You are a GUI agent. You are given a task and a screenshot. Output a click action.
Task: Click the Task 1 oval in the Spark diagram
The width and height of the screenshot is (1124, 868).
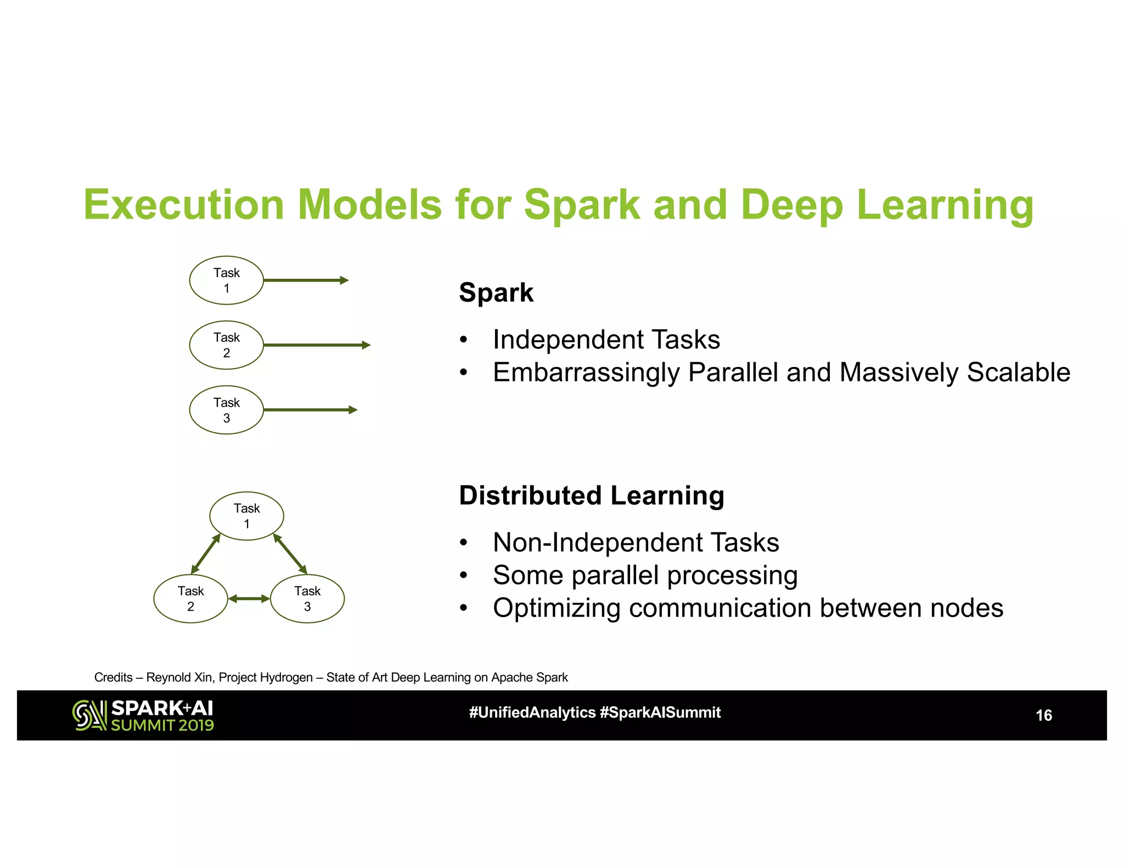click(226, 280)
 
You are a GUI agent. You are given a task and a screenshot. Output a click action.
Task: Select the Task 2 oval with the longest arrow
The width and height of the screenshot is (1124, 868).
click(226, 345)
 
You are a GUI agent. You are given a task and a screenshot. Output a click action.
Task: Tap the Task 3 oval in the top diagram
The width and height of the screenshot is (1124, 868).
click(226, 410)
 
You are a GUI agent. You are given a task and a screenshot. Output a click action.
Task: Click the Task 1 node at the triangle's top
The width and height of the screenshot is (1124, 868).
click(246, 516)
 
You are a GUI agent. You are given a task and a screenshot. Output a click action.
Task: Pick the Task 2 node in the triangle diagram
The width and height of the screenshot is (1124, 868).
click(190, 599)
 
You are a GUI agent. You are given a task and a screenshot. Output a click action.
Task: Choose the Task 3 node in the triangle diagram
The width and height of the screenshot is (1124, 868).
click(307, 599)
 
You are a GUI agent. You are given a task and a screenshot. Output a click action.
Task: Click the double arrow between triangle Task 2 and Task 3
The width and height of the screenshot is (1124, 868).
click(249, 599)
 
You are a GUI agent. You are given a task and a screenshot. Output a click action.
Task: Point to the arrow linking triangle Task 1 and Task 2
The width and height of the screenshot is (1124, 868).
click(206, 554)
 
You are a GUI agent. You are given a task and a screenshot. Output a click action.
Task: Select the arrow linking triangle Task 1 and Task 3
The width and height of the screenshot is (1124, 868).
click(290, 554)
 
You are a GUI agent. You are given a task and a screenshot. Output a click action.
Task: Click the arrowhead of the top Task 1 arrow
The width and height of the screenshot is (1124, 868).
click(344, 280)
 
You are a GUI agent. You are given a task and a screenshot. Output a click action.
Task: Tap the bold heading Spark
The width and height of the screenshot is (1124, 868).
click(496, 292)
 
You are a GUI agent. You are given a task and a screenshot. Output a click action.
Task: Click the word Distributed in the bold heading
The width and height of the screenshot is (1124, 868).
click(530, 495)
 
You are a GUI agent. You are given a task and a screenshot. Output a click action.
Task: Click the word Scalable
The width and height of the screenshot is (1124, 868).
click(1018, 373)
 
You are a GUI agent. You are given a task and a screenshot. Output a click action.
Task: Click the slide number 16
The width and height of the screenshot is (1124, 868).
click(1043, 715)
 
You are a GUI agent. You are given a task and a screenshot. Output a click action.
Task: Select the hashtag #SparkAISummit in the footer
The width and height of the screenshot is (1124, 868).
click(660, 713)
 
